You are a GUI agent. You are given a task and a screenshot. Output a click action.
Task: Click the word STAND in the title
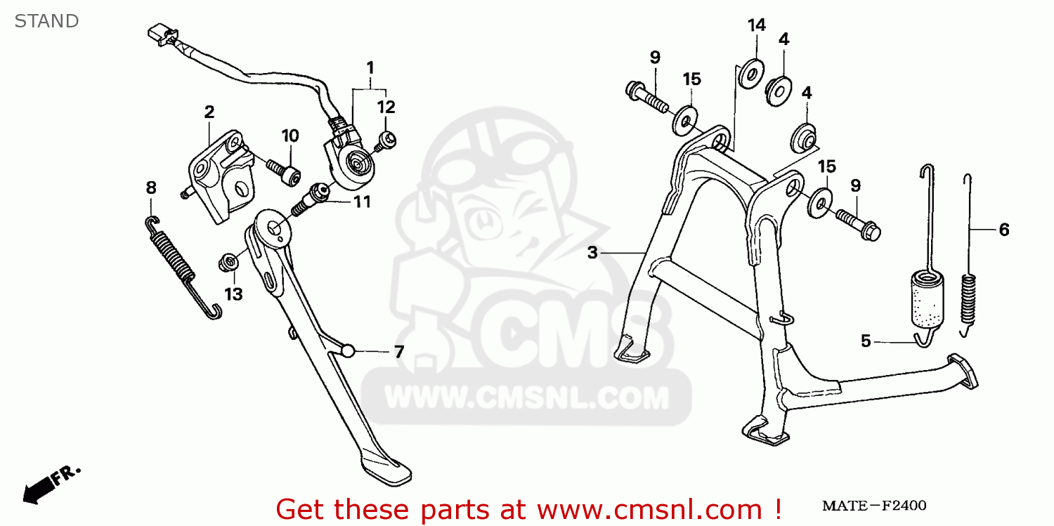46,21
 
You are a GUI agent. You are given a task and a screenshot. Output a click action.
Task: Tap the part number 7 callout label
399,352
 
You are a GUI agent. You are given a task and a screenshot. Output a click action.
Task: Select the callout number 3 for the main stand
592,252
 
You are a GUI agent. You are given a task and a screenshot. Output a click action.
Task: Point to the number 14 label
756,26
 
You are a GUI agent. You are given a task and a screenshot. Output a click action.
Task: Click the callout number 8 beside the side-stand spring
151,188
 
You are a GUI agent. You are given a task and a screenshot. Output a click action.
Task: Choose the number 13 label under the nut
233,294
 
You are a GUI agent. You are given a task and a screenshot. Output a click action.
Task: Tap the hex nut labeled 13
228,263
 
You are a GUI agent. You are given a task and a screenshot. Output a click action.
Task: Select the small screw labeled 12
385,140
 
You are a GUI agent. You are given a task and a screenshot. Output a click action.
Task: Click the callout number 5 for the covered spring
866,341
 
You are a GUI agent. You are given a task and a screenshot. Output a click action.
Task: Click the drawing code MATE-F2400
875,506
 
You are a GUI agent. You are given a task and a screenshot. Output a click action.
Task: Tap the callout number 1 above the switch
370,68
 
